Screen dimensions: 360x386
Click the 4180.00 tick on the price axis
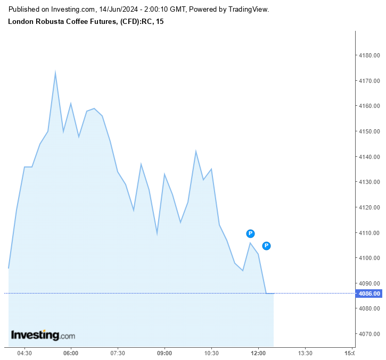click(369, 55)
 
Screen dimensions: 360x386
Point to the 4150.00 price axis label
click(369, 131)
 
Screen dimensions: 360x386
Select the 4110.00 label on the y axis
click(369, 233)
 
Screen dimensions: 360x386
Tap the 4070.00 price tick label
click(369, 334)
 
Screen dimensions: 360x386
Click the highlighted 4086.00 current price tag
click(369, 294)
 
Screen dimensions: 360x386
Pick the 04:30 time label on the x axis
click(24, 353)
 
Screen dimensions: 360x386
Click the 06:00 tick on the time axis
click(71, 353)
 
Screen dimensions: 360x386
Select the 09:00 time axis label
click(165, 353)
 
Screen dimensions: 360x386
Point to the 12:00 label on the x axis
click(258, 353)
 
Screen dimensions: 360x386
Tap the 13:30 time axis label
click(305, 353)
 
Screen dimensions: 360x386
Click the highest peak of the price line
click(55, 72)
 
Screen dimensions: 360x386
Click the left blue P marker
click(250, 233)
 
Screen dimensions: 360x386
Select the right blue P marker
click(267, 246)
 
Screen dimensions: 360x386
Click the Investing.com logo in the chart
click(43, 336)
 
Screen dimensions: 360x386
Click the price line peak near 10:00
click(196, 152)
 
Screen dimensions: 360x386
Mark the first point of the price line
click(9, 268)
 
